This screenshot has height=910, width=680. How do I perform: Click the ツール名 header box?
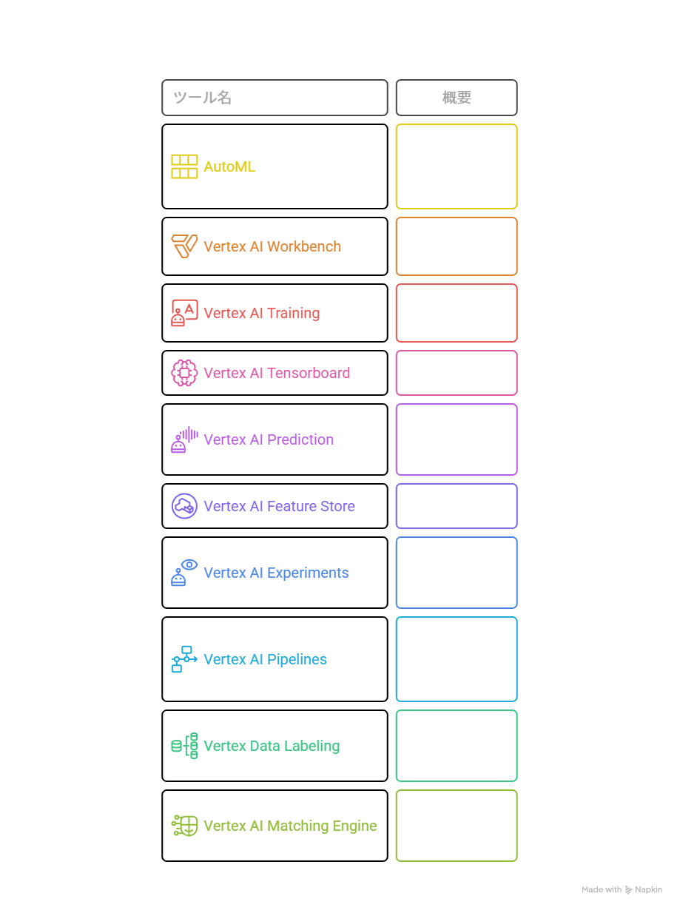click(x=275, y=98)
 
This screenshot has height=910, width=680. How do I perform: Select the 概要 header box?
click(x=457, y=98)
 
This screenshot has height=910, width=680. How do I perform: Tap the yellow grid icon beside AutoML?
click(x=184, y=166)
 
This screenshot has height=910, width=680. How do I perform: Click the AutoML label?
click(x=229, y=166)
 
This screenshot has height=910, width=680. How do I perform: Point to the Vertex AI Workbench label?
click(x=272, y=246)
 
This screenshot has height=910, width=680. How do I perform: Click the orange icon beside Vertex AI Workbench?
click(x=184, y=246)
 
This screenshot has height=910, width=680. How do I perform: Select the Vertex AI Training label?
click(x=261, y=313)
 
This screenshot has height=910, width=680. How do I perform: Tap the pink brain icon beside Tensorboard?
click(x=184, y=373)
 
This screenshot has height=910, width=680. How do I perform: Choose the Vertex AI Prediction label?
click(x=269, y=439)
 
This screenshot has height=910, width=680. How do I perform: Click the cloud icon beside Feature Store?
click(x=184, y=506)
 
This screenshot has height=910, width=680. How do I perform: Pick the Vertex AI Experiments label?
click(x=276, y=573)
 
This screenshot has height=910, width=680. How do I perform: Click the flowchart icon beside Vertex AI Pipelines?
click(x=184, y=659)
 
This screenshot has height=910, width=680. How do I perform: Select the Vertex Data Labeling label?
click(x=272, y=746)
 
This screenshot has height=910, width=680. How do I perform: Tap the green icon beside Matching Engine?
click(x=184, y=826)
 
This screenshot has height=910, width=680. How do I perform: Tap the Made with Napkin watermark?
click(x=622, y=889)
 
